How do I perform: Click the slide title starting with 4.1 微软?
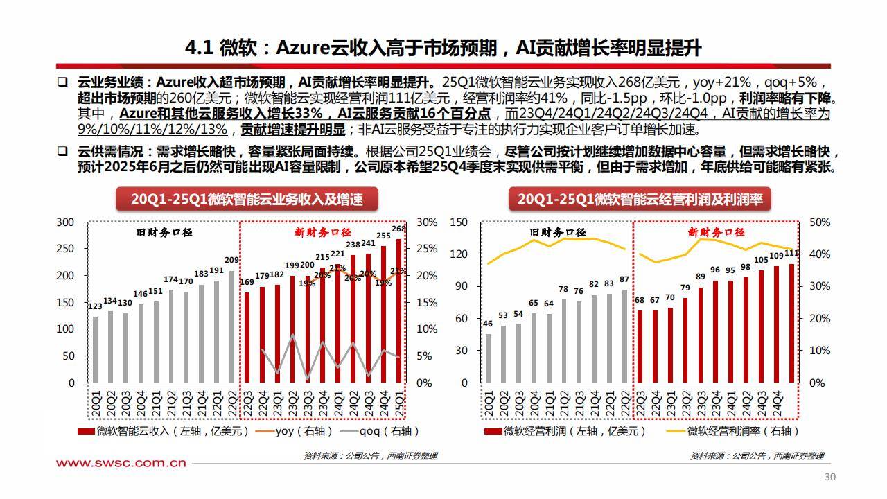[x=443, y=47]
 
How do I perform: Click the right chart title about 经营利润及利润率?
[x=640, y=200]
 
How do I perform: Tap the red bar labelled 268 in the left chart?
[x=398, y=310]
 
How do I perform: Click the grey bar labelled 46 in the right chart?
[x=489, y=358]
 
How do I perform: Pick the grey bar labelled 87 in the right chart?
[x=625, y=336]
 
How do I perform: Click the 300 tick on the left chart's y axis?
[x=65, y=222]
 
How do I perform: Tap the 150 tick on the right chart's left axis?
[x=459, y=222]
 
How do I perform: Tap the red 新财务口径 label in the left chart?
[x=322, y=232]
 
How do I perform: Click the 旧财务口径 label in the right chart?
[x=558, y=232]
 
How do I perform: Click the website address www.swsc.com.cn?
[x=121, y=463]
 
